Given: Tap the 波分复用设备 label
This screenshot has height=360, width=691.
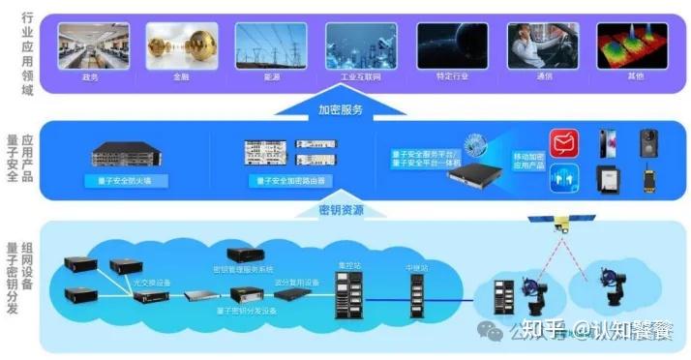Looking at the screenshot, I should [296, 282].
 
